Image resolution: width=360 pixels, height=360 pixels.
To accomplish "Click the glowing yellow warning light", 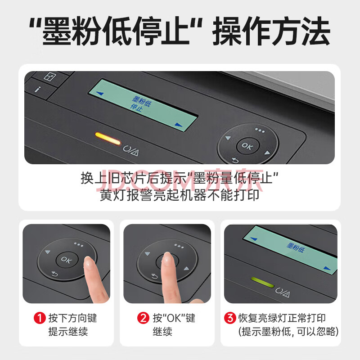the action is (108, 139).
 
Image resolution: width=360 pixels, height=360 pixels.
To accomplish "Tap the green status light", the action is (262, 282).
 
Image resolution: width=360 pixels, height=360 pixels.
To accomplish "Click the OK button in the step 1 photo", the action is (67, 260).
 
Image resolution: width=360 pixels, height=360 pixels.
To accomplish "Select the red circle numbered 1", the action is (40, 318).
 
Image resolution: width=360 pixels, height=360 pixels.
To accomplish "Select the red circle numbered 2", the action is (143, 318).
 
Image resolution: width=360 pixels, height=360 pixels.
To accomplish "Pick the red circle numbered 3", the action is (230, 318).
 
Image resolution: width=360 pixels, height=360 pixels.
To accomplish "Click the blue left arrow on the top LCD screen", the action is (100, 93).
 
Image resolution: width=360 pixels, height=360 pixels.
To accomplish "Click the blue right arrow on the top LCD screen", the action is (178, 125).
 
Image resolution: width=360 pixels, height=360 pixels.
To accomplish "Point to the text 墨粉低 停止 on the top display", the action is (141, 104).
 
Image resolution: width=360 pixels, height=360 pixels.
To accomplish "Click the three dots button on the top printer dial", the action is (260, 130).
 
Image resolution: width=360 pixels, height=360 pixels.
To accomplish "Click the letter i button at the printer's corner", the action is (38, 89).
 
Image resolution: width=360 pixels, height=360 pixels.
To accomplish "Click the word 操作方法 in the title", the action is (271, 31).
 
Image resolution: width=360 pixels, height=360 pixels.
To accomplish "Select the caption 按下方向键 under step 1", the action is (72, 318).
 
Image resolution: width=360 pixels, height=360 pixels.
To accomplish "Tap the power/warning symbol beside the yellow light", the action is (130, 151).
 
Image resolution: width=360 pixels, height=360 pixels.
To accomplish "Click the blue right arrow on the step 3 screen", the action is (327, 268).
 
